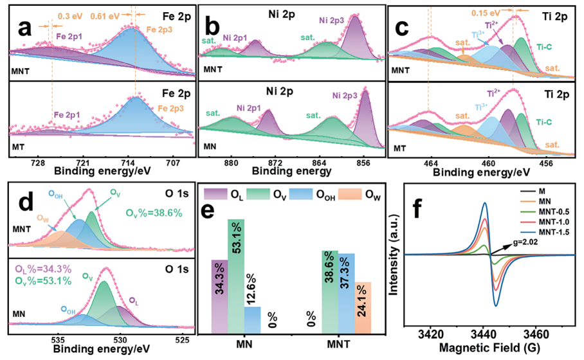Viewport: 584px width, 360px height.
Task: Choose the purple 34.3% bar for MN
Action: (219, 296)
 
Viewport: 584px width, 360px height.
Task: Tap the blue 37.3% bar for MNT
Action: (346, 294)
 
